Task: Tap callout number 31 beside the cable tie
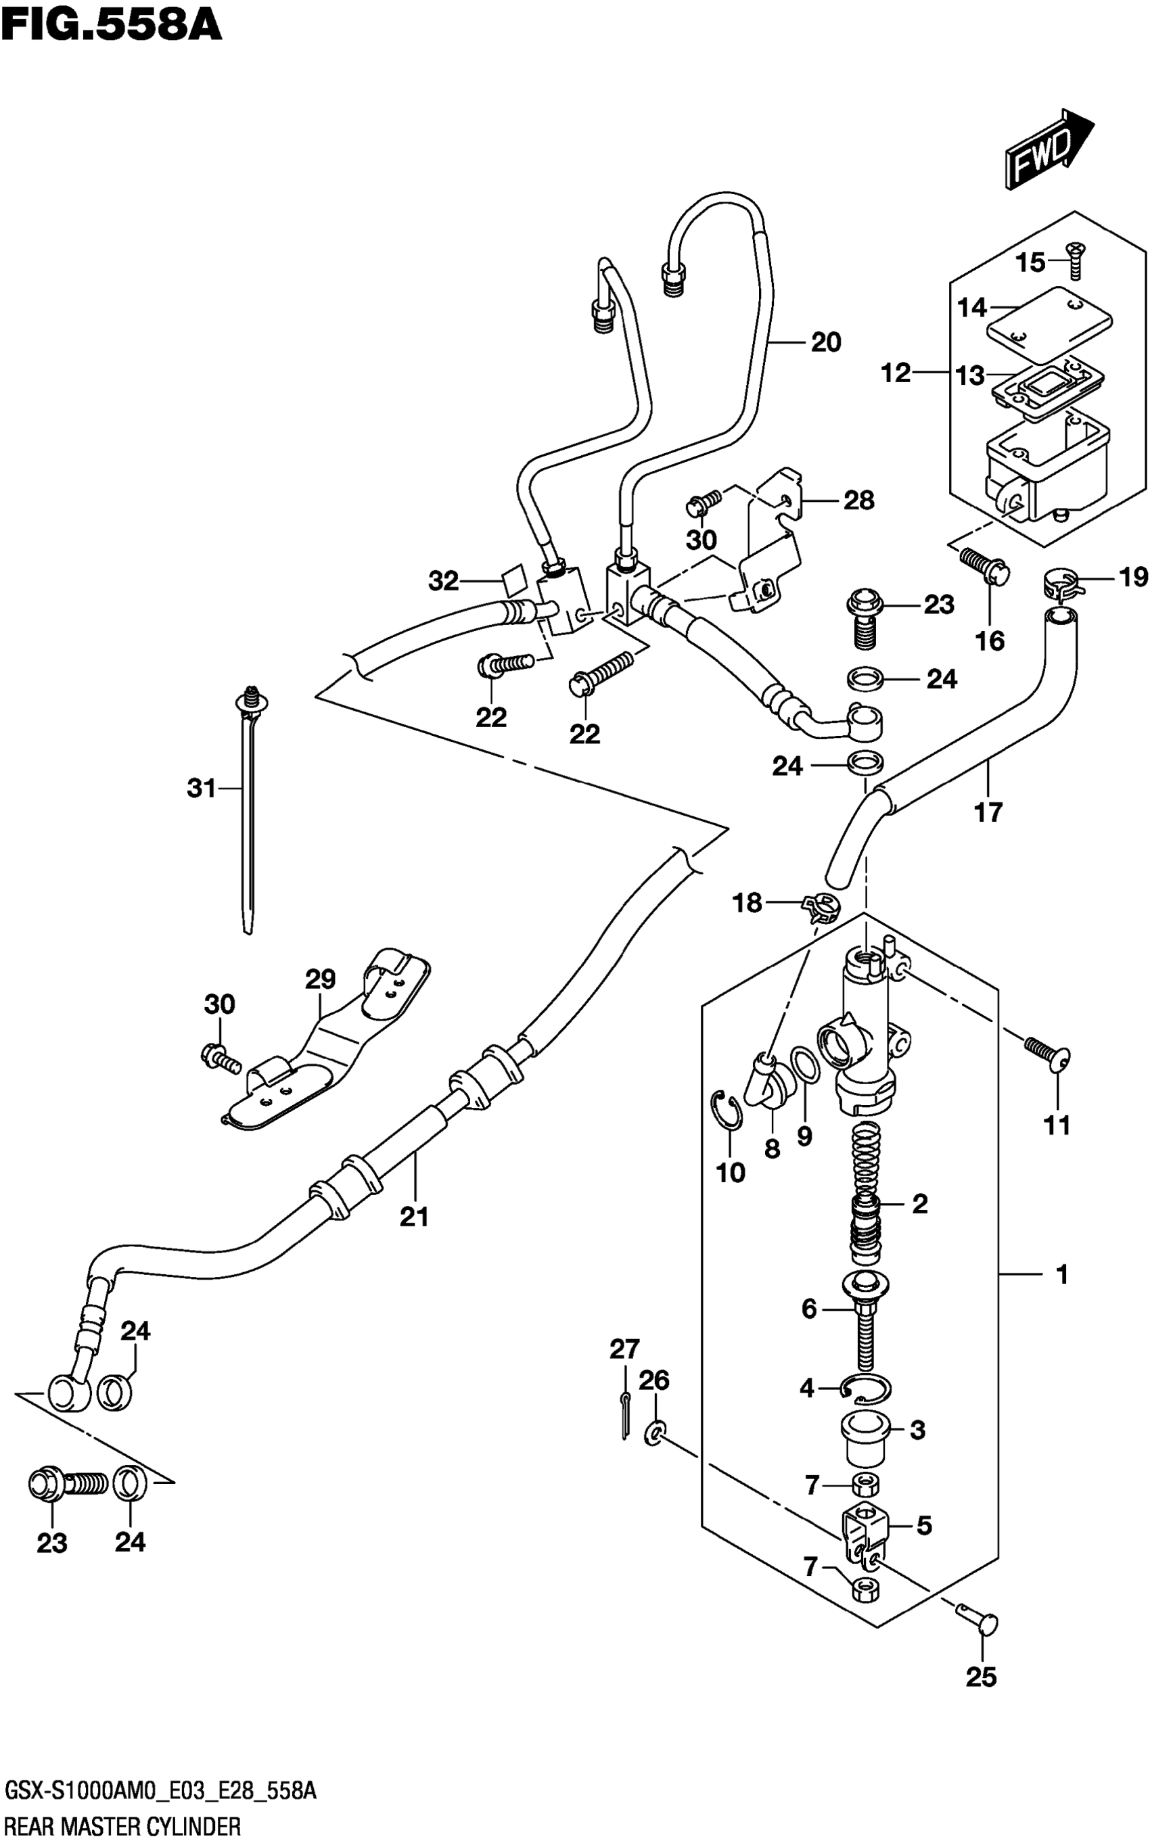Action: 202,789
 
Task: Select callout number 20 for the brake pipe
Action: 826,342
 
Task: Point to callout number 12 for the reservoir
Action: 896,373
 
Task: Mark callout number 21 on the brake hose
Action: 415,1217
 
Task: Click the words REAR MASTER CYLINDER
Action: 122,1820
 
